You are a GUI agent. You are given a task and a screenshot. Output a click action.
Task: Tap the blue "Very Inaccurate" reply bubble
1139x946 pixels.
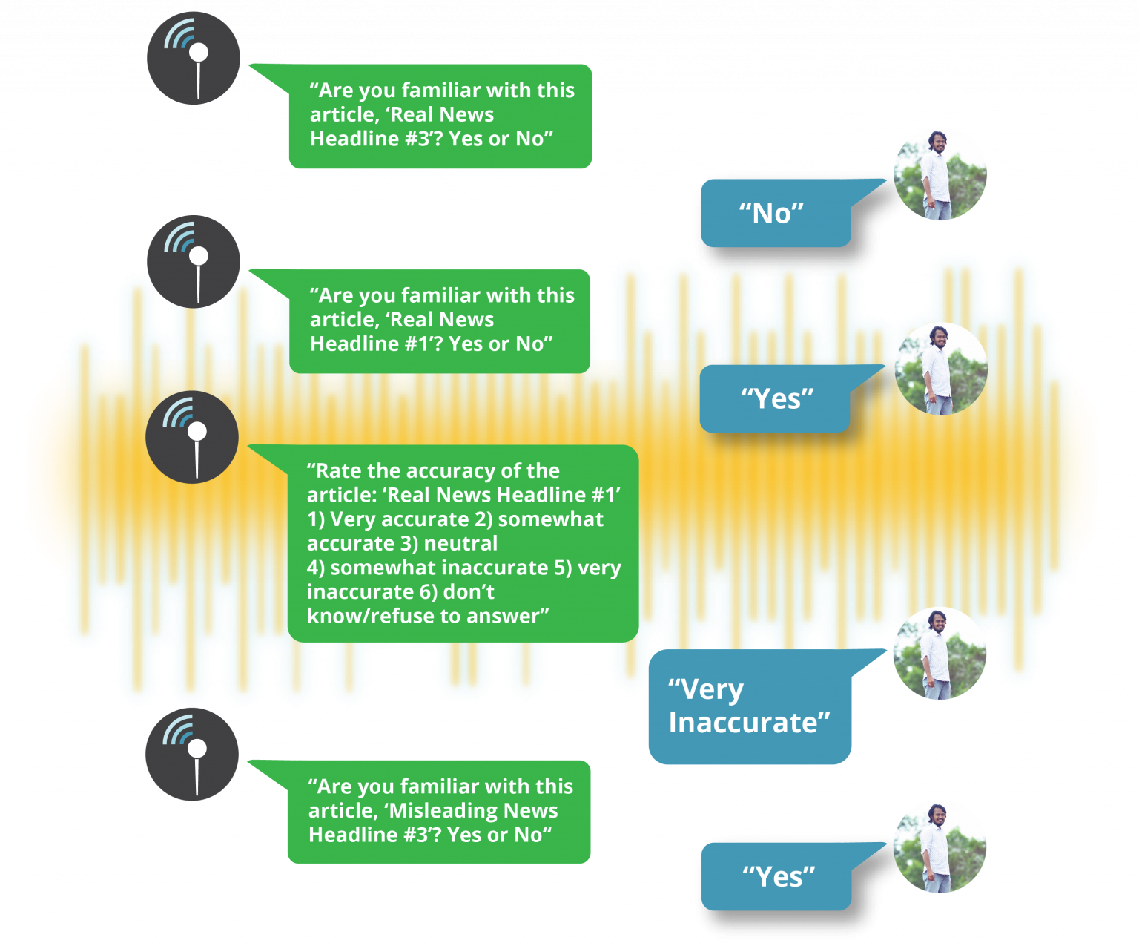click(749, 706)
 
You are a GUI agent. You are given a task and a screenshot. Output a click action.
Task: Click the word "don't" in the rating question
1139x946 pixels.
click(469, 592)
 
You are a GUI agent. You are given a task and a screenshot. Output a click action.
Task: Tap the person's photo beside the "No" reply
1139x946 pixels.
click(940, 174)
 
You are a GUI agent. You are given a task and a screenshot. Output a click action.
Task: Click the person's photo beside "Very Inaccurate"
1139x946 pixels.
click(940, 654)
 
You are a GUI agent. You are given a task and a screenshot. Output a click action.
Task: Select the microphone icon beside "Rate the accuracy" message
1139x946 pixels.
click(192, 437)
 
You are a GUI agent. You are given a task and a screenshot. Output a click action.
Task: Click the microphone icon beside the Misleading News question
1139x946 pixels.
click(192, 755)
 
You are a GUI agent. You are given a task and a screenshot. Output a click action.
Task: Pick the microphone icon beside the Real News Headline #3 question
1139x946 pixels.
click(193, 58)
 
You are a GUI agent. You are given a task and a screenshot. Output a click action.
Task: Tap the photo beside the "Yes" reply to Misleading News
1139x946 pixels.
click(940, 847)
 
